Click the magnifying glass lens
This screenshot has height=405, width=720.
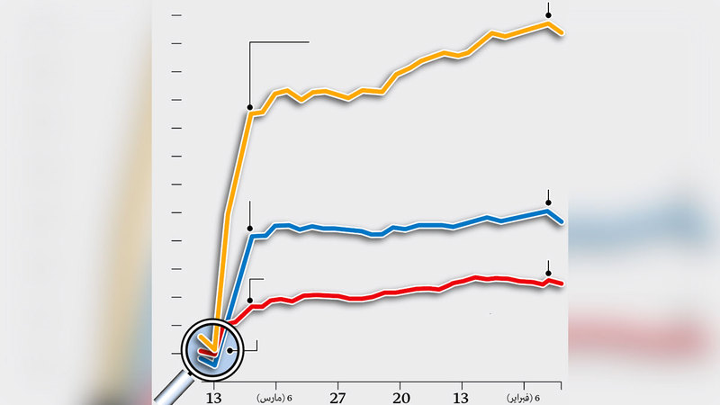209,346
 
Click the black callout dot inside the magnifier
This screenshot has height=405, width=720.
230,350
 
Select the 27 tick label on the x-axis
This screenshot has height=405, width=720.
337,398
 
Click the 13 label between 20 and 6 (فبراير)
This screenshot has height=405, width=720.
461,398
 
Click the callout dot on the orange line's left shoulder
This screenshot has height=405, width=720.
249,107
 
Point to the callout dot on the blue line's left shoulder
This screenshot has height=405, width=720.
249,228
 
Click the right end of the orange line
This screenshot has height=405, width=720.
562,33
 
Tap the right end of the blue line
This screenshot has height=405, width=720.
562,221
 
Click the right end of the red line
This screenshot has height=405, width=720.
562,284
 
